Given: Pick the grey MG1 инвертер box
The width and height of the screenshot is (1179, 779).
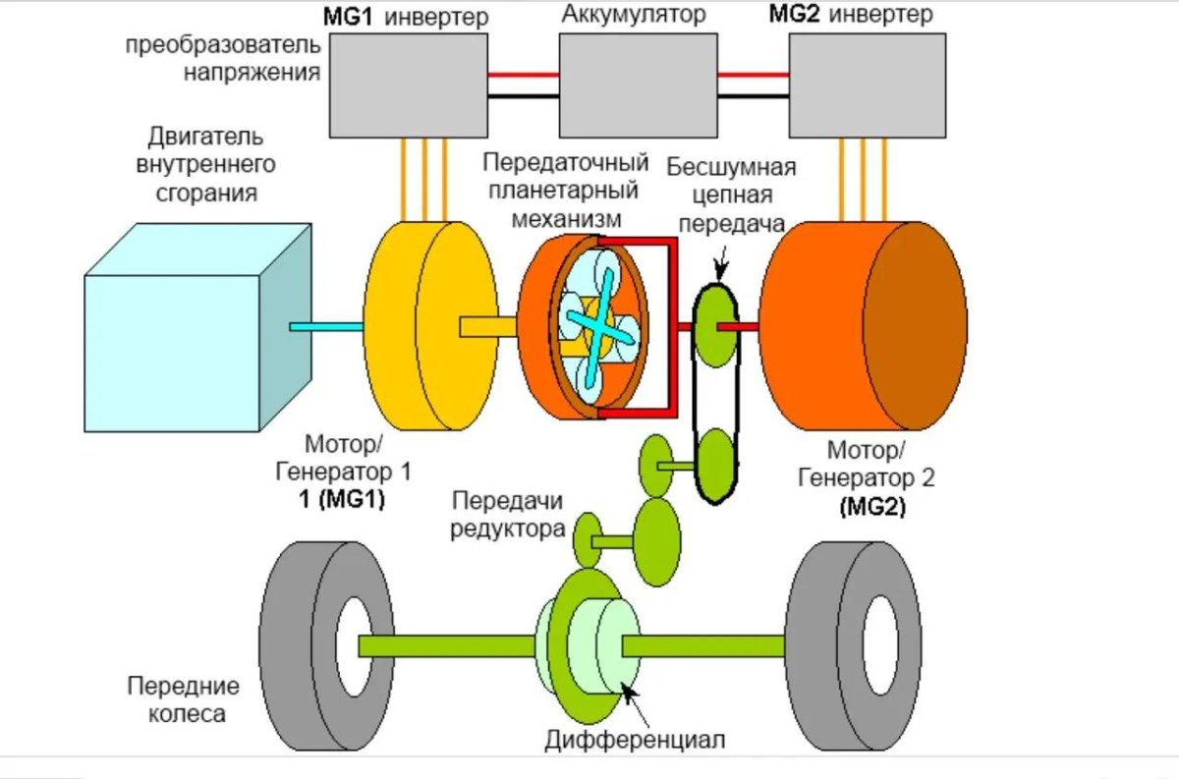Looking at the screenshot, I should click(x=408, y=83).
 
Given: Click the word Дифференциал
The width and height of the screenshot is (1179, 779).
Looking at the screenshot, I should click(x=635, y=739).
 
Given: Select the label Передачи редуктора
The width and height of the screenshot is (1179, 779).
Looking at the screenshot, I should click(x=507, y=516).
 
